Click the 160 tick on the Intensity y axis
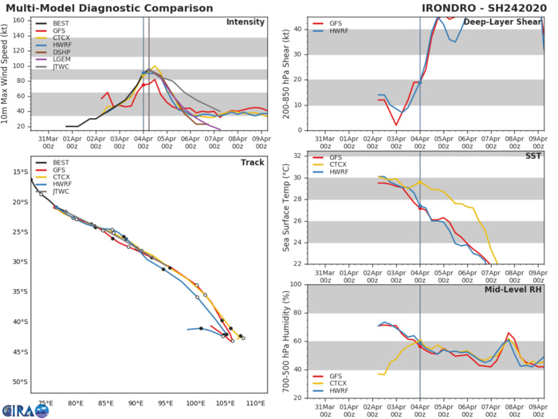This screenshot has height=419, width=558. (x=20, y=21)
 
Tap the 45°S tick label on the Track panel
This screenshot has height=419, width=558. (x=18, y=352)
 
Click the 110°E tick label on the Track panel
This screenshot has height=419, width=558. (x=256, y=404)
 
